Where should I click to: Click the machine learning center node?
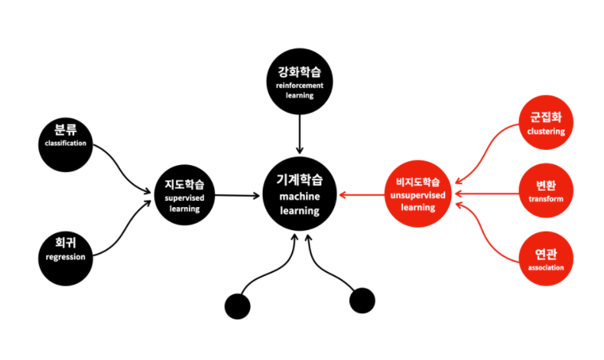click(x=299, y=195)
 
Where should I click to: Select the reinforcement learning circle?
click(x=300, y=84)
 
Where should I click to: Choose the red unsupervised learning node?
click(x=417, y=195)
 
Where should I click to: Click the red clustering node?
click(x=546, y=123)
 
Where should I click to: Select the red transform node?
click(x=546, y=193)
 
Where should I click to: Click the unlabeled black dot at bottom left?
click(x=238, y=306)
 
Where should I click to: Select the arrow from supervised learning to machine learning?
click(x=237, y=196)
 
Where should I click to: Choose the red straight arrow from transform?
click(x=489, y=193)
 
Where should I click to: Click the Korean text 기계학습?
click(x=299, y=181)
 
